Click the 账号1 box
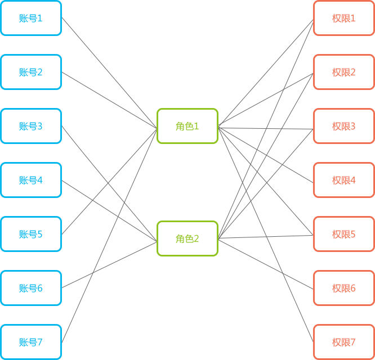[x=31, y=18]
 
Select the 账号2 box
[x=31, y=72]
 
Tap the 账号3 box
[x=31, y=126]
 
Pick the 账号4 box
[x=31, y=180]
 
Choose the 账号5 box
[x=31, y=234]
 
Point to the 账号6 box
[x=31, y=288]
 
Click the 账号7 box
[x=31, y=342]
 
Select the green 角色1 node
[x=187, y=126]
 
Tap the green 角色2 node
[x=187, y=238]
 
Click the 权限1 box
[x=343, y=18]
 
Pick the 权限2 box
[x=343, y=72]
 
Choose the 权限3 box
[x=343, y=126]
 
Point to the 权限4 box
[x=343, y=180]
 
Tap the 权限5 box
[x=343, y=234]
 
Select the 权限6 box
[x=343, y=288]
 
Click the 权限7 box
[x=343, y=342]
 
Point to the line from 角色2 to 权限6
[x=265, y=263]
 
